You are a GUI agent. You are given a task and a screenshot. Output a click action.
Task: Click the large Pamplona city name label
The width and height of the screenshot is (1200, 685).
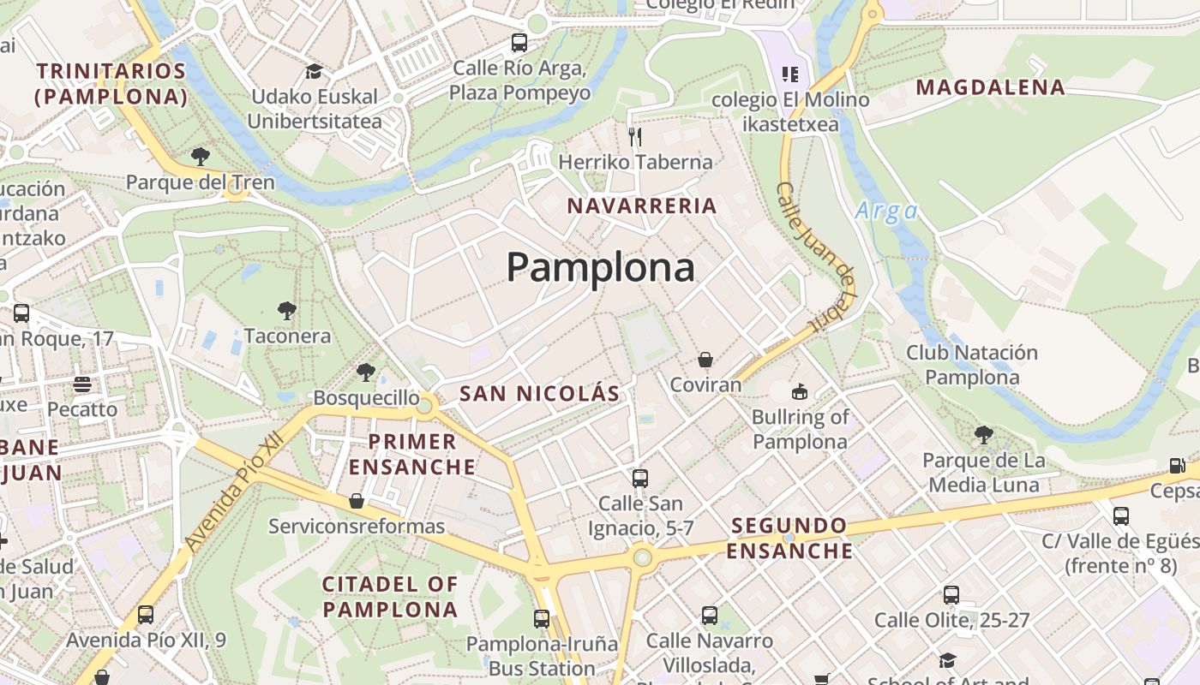tap(600, 268)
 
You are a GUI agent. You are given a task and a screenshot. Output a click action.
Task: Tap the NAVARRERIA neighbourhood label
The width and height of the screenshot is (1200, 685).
tap(642, 205)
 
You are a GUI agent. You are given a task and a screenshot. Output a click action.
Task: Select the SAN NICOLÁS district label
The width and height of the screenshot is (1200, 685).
tap(539, 394)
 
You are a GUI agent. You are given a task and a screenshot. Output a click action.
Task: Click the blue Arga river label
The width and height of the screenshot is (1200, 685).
tap(886, 211)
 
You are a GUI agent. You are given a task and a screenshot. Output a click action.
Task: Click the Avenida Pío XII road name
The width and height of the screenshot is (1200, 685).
tap(233, 494)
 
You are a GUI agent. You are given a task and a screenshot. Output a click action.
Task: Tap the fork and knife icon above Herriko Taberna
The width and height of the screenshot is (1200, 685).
tap(635, 137)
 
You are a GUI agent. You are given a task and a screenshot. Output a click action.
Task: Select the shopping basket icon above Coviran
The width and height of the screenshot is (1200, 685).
tap(705, 360)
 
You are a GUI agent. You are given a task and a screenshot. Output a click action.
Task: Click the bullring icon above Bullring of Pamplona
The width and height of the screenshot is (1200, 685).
tap(799, 392)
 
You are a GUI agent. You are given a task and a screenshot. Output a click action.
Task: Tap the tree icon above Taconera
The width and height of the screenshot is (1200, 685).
tap(287, 310)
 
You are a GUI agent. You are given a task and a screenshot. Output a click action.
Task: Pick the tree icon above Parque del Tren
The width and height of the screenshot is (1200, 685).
tap(201, 156)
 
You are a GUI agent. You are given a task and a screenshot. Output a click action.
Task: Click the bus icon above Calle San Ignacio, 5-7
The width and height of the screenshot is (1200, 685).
tap(640, 478)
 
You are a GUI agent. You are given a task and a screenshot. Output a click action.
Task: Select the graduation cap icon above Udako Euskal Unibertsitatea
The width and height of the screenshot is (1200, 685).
tap(315, 71)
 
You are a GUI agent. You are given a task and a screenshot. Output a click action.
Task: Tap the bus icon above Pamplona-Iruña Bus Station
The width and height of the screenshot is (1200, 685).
tap(542, 618)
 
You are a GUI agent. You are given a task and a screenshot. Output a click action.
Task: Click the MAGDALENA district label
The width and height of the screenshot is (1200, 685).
tap(990, 87)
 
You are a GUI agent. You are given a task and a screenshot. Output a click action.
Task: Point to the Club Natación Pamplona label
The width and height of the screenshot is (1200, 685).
tap(972, 365)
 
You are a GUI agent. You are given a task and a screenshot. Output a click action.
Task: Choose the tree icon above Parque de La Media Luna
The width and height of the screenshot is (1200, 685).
tap(983, 435)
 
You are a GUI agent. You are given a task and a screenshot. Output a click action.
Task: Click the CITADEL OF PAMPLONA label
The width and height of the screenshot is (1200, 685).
tap(390, 597)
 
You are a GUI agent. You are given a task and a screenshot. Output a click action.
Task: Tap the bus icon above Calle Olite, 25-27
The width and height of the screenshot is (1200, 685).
tap(951, 594)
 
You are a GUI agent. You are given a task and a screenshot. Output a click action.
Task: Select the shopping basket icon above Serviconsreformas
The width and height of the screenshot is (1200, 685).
tap(357, 501)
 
